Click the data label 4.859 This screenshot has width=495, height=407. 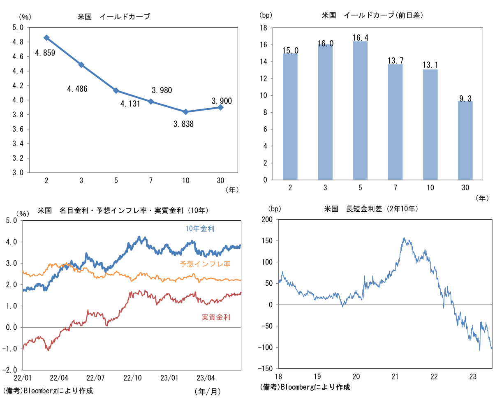click(45, 53)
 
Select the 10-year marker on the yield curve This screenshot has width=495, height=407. click(186, 111)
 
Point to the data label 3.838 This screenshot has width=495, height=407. click(183, 124)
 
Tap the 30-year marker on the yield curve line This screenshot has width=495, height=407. click(220, 107)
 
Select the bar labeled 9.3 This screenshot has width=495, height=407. click(465, 140)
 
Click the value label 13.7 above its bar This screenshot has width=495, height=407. click(395, 61)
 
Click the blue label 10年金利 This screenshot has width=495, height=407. click(200, 229)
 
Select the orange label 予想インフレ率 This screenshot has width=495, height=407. click(205, 264)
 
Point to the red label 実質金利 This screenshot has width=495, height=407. click(215, 317)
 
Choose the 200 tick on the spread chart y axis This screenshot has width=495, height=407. click(266, 220)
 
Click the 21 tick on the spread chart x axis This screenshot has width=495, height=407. click(395, 376)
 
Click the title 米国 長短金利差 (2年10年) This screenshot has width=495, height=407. click(371, 209)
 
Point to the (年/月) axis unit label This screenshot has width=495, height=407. click(208, 392)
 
